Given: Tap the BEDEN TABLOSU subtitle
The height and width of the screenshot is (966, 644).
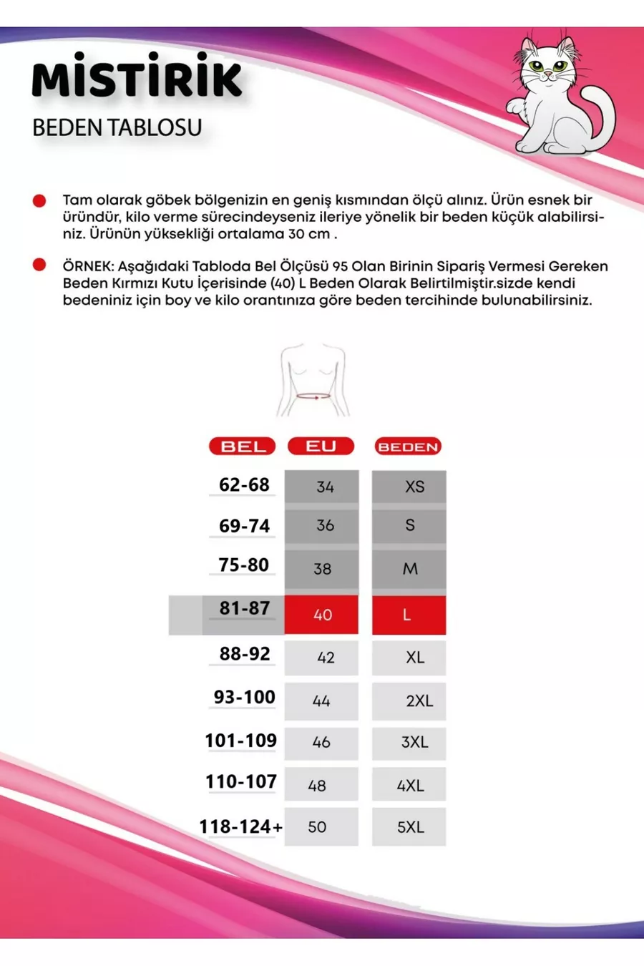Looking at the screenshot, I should click(x=117, y=127).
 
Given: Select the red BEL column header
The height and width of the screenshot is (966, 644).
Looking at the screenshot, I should click(x=243, y=447).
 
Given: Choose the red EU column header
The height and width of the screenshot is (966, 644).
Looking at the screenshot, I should click(x=321, y=446).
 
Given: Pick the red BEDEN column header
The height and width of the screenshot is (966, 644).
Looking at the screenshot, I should click(x=408, y=447).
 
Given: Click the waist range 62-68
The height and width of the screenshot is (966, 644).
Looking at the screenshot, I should click(x=244, y=484).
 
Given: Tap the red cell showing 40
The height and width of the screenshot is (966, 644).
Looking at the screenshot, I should click(x=321, y=615).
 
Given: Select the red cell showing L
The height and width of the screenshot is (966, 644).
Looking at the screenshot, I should click(x=409, y=615).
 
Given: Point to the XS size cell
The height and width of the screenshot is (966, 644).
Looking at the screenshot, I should click(x=409, y=487).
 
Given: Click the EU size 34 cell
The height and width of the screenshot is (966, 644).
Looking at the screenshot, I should click(x=321, y=487).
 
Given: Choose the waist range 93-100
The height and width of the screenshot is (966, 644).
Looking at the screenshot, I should click(x=244, y=697).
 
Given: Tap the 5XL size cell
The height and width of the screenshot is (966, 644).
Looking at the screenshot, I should click(x=409, y=827).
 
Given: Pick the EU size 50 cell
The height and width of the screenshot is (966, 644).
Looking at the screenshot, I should click(x=321, y=827).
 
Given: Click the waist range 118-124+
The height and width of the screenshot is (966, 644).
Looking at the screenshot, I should click(x=240, y=826).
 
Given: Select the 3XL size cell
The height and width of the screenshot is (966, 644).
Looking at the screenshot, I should click(x=409, y=742).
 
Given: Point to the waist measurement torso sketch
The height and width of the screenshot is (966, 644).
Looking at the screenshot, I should click(x=313, y=381).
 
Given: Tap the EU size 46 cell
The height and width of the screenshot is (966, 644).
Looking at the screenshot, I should click(x=321, y=742).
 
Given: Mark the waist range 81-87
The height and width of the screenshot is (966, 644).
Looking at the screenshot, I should click(x=245, y=608).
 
